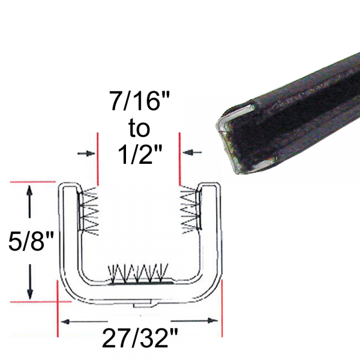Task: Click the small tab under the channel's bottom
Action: click(x=144, y=306)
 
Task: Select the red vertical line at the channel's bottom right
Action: click(x=222, y=306)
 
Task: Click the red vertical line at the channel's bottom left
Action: click(x=57, y=306)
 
